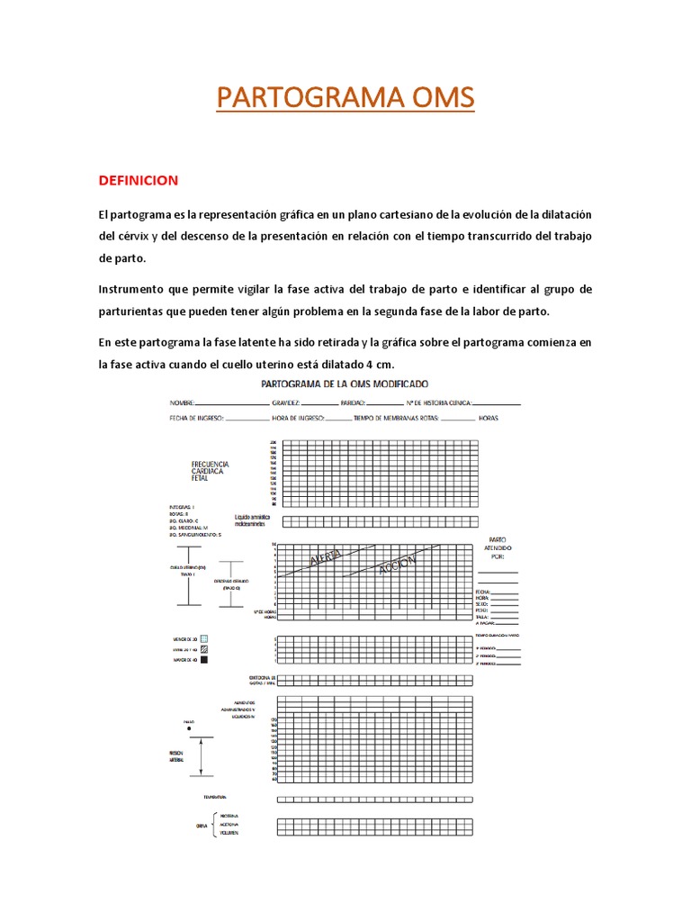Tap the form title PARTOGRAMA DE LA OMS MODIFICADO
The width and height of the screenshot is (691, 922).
[x=345, y=384]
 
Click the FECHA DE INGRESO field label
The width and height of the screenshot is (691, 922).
[x=197, y=419]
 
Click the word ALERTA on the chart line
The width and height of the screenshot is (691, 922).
[x=325, y=559]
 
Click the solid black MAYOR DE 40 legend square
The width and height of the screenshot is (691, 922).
[x=203, y=660]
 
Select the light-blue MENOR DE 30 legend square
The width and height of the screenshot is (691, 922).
[x=203, y=638]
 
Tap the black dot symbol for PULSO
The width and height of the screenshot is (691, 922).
[x=188, y=728]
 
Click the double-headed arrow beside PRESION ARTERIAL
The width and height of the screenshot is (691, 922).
[x=202, y=756]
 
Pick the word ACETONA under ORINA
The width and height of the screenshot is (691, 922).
[x=229, y=825]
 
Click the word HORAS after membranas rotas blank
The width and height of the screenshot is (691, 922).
[x=489, y=419]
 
